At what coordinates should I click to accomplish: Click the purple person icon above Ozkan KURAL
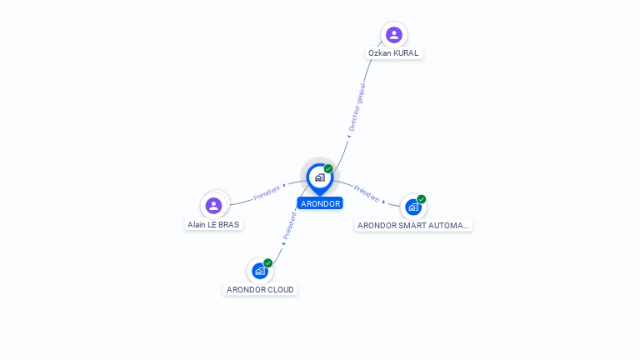pyautogui.click(x=394, y=35)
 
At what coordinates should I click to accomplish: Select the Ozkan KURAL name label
pyautogui.click(x=394, y=53)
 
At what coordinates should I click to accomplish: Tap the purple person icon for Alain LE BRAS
pyautogui.click(x=214, y=205)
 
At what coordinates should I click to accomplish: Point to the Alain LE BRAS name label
pyautogui.click(x=213, y=224)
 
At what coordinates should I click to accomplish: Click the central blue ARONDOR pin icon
pyautogui.click(x=319, y=177)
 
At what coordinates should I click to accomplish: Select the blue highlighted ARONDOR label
pyautogui.click(x=320, y=203)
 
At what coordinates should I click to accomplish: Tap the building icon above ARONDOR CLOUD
pyautogui.click(x=260, y=271)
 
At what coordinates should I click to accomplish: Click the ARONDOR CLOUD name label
pyautogui.click(x=260, y=290)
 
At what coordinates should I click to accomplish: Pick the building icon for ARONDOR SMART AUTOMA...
pyautogui.click(x=413, y=207)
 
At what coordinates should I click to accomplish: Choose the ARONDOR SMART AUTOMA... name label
pyautogui.click(x=413, y=225)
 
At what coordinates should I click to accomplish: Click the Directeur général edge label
pyautogui.click(x=357, y=108)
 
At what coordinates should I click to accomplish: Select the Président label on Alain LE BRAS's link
pyautogui.click(x=267, y=192)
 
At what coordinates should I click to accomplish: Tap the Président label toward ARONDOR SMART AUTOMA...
pyautogui.click(x=367, y=193)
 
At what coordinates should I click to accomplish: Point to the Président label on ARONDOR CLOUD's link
pyautogui.click(x=290, y=225)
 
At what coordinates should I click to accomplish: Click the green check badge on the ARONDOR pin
pyautogui.click(x=328, y=168)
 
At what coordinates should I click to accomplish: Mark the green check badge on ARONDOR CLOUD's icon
pyautogui.click(x=268, y=262)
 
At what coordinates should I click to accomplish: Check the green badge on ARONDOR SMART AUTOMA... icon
pyautogui.click(x=422, y=199)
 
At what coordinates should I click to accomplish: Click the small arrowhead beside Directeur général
pyautogui.click(x=349, y=136)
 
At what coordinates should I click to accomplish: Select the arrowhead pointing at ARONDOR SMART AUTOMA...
pyautogui.click(x=384, y=201)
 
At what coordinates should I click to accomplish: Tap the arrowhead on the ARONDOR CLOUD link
pyautogui.click(x=283, y=243)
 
